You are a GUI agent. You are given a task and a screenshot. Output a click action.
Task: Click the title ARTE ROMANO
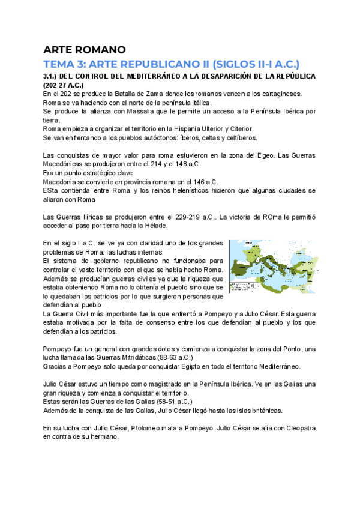click(x=84, y=49)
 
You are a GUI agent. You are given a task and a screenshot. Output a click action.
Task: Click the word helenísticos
click(x=166, y=191)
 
